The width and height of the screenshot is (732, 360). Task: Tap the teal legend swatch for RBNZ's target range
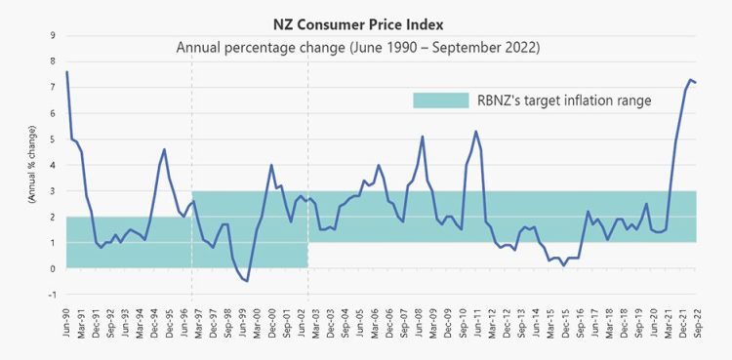coord(439,100)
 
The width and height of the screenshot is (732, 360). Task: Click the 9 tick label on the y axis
coord(52,35)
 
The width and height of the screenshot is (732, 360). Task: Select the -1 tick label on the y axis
coord(51,295)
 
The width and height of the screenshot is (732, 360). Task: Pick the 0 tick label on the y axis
coord(52,268)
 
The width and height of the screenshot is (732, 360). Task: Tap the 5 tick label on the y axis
coord(52,139)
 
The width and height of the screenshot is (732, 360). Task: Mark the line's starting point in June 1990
coord(66,71)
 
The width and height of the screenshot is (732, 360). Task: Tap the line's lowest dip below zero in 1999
coord(247,281)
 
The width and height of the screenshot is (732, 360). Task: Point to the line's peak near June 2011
coord(475,131)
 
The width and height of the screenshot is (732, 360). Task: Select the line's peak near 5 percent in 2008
coord(422,137)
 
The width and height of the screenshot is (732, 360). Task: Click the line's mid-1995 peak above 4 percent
coord(164,149)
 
